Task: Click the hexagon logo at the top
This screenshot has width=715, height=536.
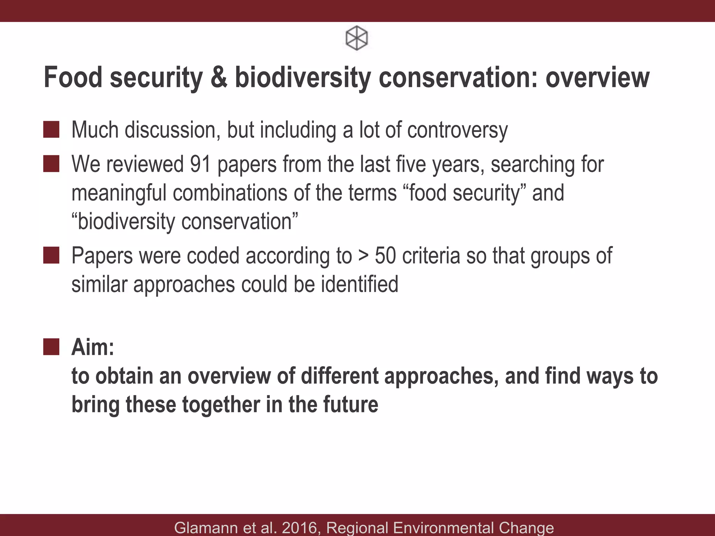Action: pos(356,38)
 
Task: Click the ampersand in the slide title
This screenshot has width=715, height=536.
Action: pos(219,77)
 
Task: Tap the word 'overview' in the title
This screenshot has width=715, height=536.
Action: pos(597,77)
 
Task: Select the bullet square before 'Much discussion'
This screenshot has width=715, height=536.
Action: pos(51,129)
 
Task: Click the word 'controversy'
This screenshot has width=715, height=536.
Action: pos(457,130)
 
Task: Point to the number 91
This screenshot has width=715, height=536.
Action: pos(200,164)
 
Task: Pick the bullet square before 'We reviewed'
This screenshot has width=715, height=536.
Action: pos(51,164)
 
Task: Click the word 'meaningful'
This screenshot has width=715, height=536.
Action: pos(119,193)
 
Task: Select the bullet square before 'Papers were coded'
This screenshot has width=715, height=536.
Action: pos(51,255)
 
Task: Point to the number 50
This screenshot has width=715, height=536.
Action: pos(385,255)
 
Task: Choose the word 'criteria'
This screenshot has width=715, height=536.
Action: pos(431,255)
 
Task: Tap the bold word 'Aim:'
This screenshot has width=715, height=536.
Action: pos(93,348)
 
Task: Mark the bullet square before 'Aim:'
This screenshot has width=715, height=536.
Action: pos(51,347)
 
